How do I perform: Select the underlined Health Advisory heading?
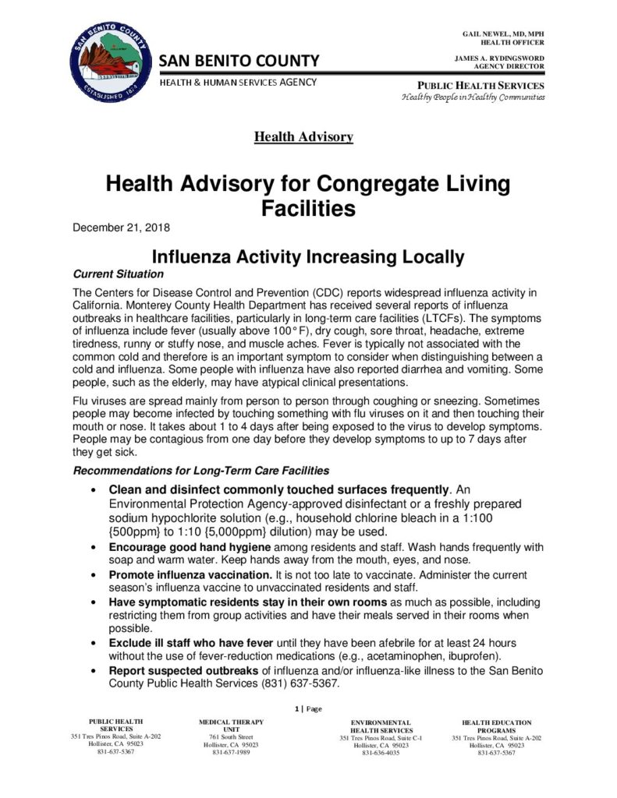pyautogui.click(x=303, y=137)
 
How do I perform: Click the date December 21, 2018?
pyautogui.click(x=121, y=228)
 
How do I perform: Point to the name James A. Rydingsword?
pyautogui.click(x=499, y=58)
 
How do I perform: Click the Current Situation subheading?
pyautogui.click(x=118, y=274)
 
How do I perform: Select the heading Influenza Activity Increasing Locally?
pyautogui.click(x=307, y=256)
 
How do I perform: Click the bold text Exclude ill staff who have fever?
pyautogui.click(x=190, y=643)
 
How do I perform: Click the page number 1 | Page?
pyautogui.click(x=308, y=709)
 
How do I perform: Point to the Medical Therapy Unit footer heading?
pyautogui.click(x=231, y=727)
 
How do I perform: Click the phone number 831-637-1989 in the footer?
pyautogui.click(x=231, y=752)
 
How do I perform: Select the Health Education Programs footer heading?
pyautogui.click(x=496, y=727)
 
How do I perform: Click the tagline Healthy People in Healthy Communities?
pyautogui.click(x=473, y=97)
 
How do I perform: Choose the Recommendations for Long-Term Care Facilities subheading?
pyautogui.click(x=200, y=471)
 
